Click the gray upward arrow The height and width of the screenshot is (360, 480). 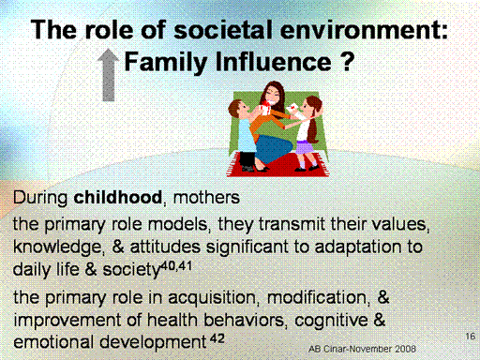[x=108, y=75]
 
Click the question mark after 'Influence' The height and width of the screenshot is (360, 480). [x=347, y=61]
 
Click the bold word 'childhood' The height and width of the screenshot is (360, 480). [x=118, y=198]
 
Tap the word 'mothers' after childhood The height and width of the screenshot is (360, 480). [x=206, y=198]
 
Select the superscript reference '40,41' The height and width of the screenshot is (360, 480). [x=176, y=266]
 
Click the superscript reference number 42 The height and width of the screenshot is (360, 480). [x=217, y=338]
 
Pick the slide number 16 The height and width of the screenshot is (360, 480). [x=471, y=337]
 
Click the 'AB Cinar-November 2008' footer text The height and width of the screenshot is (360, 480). [x=362, y=349]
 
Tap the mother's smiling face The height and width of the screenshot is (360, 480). [x=272, y=97]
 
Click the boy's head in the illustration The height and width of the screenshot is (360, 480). [x=238, y=110]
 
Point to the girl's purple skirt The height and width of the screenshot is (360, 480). [x=304, y=147]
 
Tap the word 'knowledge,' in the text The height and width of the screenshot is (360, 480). [x=58, y=247]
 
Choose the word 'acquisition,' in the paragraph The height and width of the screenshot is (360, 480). [x=214, y=297]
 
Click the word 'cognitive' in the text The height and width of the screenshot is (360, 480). [x=331, y=321]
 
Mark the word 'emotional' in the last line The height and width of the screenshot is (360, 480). [x=53, y=342]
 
